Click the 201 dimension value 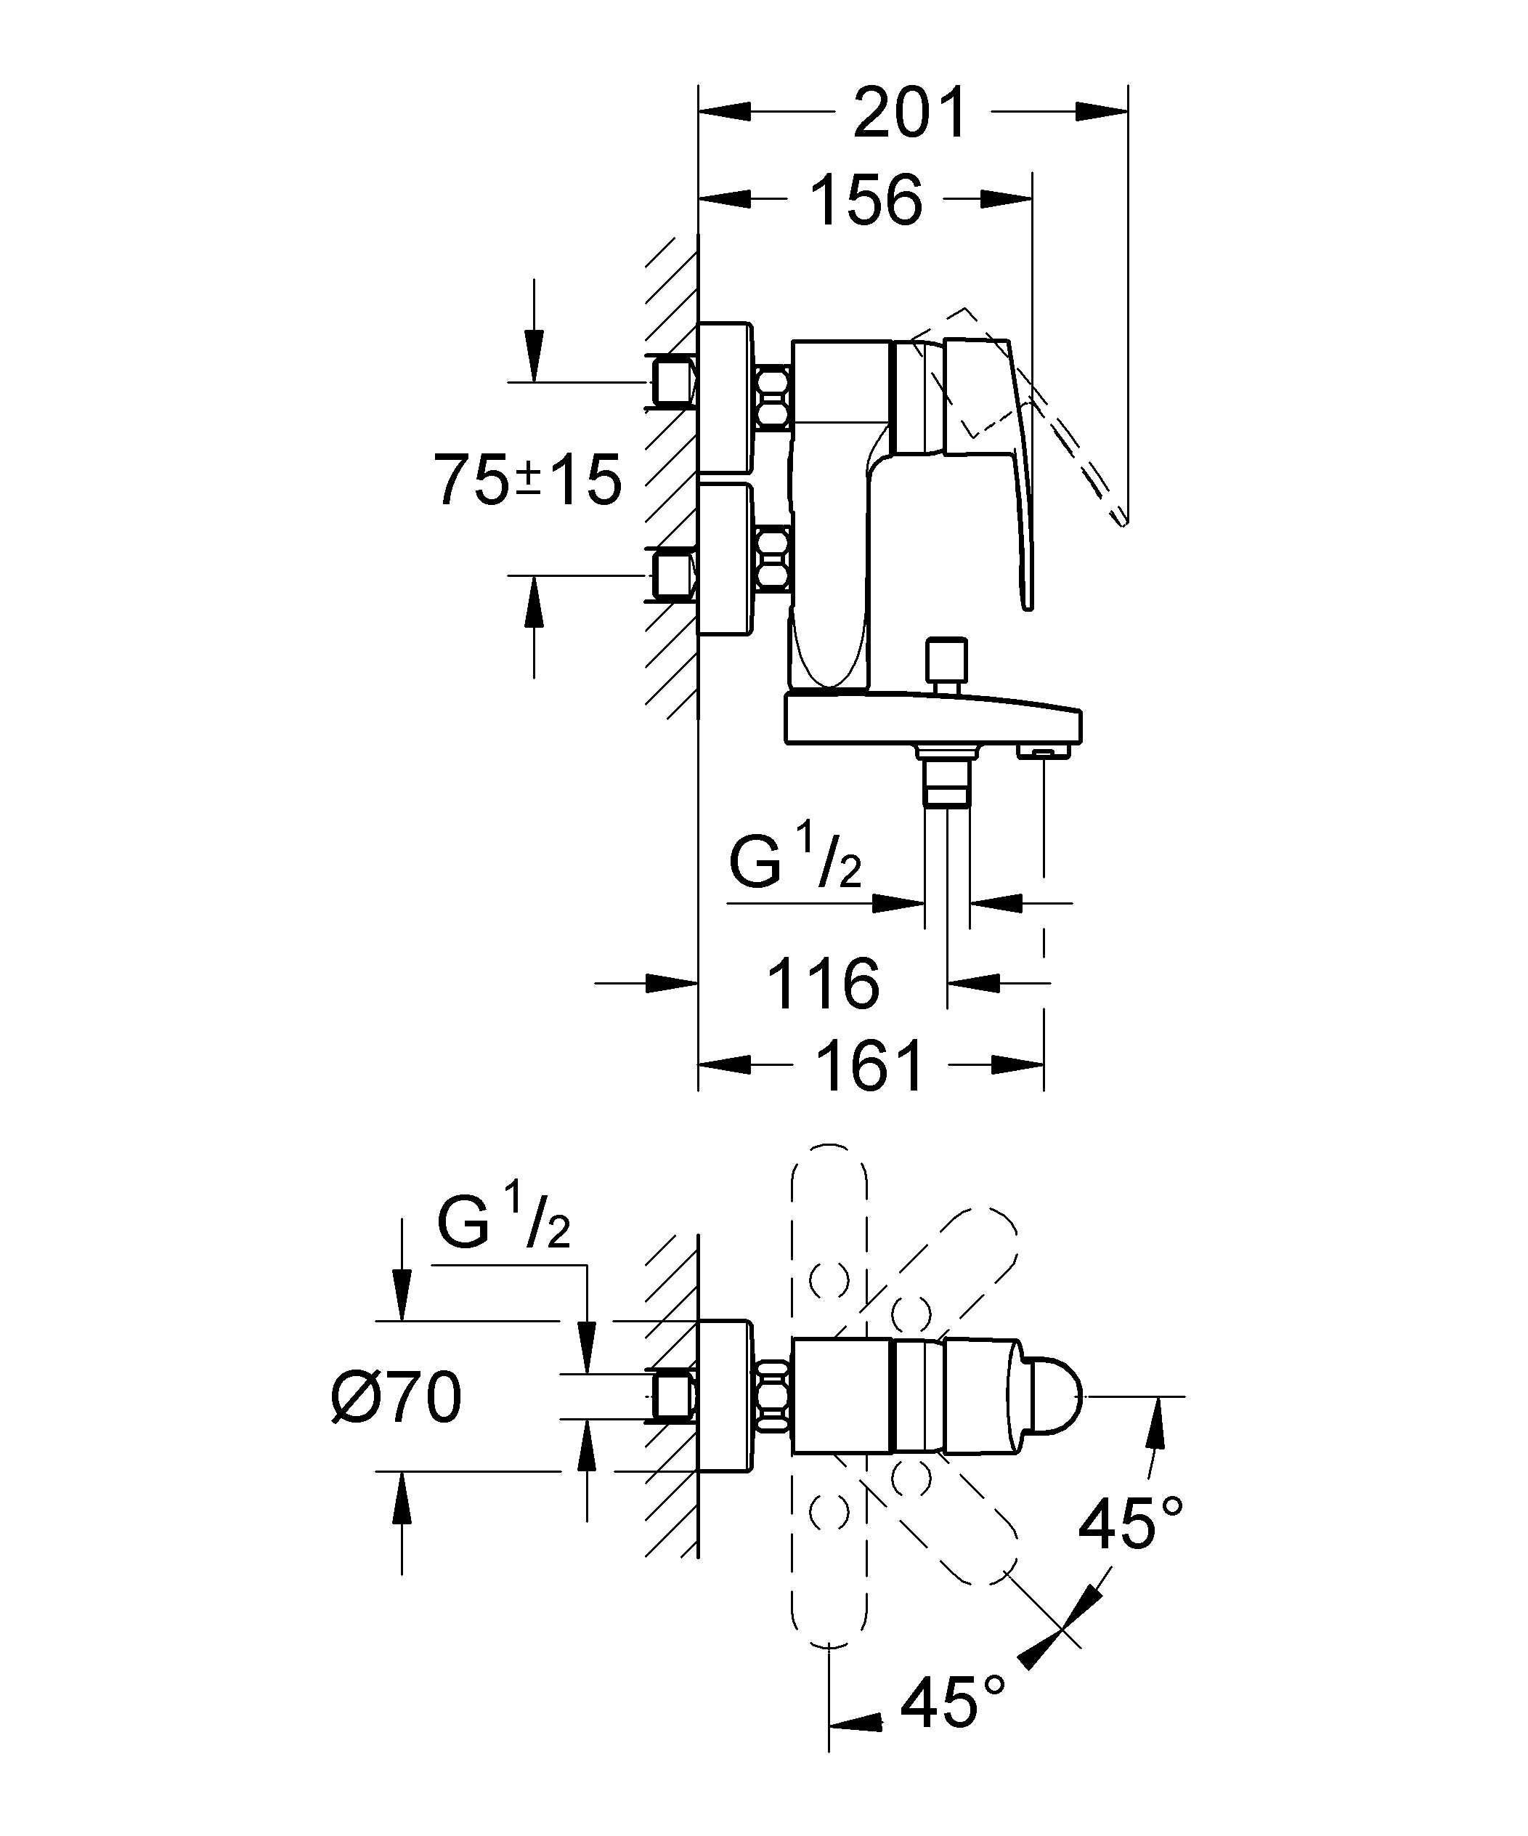(910, 113)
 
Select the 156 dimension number (866, 201)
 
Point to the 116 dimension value (823, 983)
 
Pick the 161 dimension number (869, 1066)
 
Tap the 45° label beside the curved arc (1131, 1523)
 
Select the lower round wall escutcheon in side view (725, 560)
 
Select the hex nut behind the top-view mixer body (773, 1397)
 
